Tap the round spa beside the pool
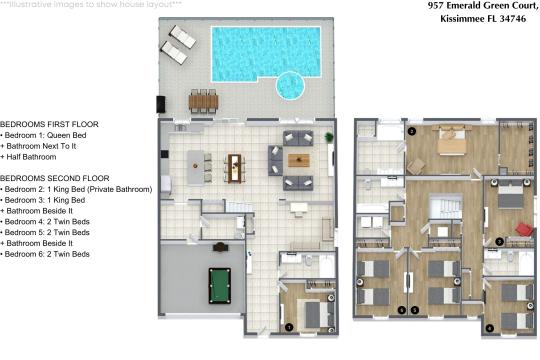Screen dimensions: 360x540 pos(291,87)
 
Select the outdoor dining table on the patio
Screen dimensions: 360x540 pos(203,100)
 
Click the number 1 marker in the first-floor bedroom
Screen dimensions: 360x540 pos(289,326)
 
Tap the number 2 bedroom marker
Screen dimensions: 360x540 pos(411,131)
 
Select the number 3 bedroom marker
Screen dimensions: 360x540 pos(499,241)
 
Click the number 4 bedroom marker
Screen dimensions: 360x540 pos(490,327)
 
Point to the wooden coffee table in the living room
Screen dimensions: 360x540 pos(299,161)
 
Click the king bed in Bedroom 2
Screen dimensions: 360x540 pos(451,142)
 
